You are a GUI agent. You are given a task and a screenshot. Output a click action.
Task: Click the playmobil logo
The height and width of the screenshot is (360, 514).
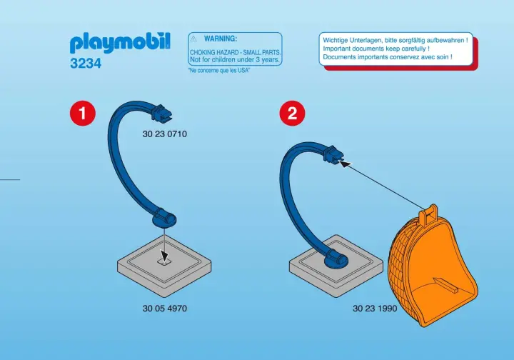click(120, 43)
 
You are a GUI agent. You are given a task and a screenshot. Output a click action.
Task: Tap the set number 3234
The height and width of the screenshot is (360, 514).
click(86, 64)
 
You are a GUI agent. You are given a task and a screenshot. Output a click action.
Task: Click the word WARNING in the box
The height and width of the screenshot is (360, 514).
click(221, 39)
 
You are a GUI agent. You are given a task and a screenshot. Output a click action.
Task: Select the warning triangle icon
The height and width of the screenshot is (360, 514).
click(193, 39)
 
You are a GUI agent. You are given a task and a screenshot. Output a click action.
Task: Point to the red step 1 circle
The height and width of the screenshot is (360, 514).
click(83, 113)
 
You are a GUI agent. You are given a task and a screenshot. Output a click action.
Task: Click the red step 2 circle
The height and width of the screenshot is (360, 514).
click(292, 113)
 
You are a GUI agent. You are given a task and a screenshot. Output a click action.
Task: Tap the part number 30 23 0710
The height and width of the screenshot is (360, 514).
click(165, 134)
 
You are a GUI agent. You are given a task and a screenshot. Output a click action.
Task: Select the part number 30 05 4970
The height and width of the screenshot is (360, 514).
click(165, 308)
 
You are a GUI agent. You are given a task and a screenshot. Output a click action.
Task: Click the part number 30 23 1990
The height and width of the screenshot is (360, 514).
click(375, 308)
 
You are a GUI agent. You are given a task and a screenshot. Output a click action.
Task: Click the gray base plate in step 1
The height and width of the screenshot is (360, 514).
click(164, 268)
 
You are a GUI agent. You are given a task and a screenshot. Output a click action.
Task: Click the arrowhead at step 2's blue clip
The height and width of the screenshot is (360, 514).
click(345, 163)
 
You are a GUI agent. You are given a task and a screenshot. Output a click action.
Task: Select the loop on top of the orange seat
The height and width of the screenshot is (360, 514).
click(428, 214)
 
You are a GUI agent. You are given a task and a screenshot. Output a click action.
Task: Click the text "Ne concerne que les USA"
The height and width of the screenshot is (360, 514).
click(219, 71)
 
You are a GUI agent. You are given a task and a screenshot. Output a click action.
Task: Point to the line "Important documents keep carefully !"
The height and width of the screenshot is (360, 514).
click(376, 49)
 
